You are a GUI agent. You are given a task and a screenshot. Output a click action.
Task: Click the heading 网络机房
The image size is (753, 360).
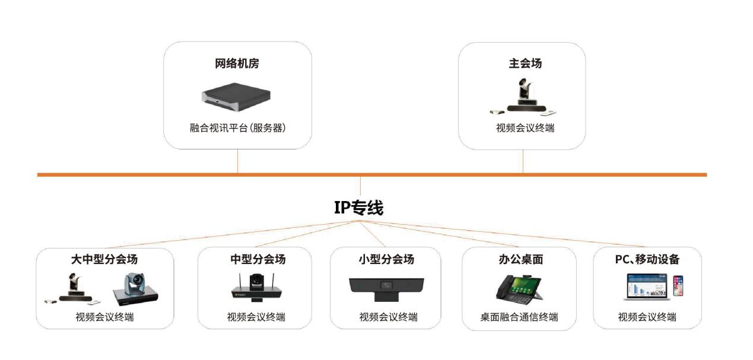coord(237,63)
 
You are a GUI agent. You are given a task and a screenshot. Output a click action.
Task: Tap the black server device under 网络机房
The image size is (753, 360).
coord(236,97)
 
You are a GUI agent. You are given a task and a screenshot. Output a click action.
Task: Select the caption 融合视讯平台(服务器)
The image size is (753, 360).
coord(238,128)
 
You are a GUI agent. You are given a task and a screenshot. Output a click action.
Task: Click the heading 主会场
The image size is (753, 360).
coord(525,63)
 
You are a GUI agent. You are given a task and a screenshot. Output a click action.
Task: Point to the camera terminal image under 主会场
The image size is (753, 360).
coord(523,97)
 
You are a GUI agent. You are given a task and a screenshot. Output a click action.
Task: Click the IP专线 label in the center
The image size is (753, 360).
coord(358,208)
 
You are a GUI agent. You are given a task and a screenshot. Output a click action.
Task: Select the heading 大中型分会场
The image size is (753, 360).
coord(104,259)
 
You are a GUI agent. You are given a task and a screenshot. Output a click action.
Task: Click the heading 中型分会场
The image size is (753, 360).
coord(258,259)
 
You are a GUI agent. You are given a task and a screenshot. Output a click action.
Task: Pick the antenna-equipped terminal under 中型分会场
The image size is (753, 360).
coord(256,288)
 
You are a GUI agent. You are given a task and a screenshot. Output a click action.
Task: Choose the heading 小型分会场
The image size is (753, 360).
coord(386,259)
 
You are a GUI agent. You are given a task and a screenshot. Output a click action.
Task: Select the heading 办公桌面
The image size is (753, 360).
coord(521,259)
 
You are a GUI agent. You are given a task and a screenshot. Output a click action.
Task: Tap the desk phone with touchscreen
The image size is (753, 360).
coord(519,288)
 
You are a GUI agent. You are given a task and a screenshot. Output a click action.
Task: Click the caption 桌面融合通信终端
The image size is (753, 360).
coord(519,317)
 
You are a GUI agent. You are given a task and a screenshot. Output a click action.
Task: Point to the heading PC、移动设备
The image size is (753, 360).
coord(647,259)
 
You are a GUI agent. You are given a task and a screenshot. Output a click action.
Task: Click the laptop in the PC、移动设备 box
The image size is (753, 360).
coord(646,286)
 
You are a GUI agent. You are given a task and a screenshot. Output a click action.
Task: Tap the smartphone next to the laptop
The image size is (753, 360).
coord(678,286)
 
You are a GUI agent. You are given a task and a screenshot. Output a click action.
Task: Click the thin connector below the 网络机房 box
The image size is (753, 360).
coord(238,161)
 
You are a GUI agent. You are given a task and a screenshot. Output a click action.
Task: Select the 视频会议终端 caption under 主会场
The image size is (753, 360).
coord(525,128)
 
